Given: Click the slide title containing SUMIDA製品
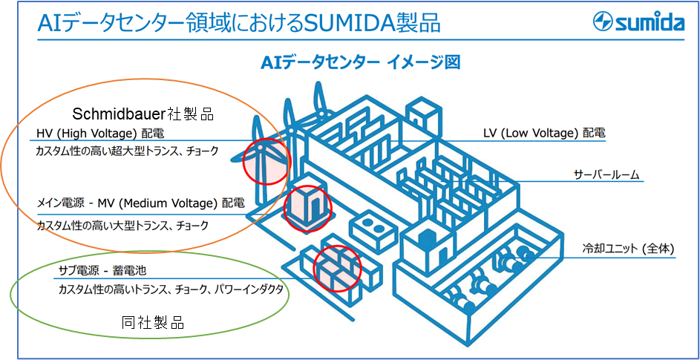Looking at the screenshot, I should (x=238, y=23).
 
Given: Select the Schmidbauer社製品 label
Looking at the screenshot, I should (x=143, y=114).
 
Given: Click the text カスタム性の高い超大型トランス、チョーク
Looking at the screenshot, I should (x=128, y=151).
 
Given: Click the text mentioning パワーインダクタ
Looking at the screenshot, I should (x=171, y=290).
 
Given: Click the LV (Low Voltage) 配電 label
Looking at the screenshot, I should (x=544, y=134).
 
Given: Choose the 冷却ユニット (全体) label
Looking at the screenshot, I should (x=628, y=249).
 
